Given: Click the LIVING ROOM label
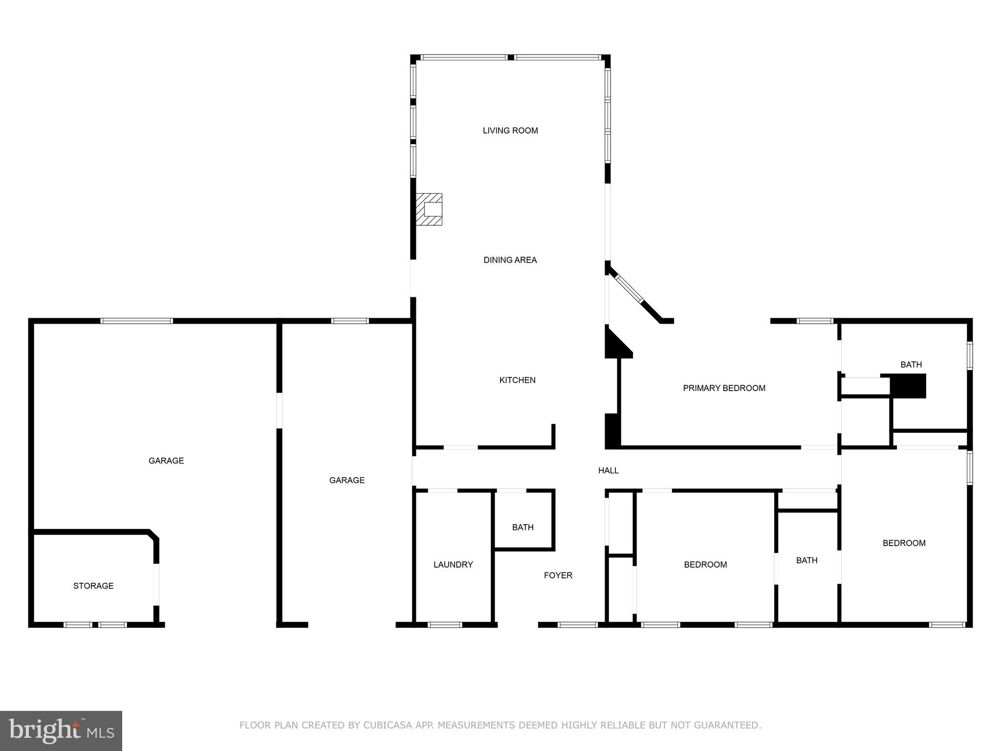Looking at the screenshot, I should [510, 131].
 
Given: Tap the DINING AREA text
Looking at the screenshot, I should [510, 260].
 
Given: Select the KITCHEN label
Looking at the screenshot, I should [517, 380].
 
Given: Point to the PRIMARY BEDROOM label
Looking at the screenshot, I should [724, 388].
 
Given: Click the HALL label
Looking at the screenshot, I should [609, 470].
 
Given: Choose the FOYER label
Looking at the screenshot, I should [558, 575].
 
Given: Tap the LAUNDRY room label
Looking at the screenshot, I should [453, 565].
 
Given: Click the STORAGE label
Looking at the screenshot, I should [93, 586].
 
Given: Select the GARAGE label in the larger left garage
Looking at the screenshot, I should [166, 461].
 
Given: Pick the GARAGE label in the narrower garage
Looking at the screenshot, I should [347, 480].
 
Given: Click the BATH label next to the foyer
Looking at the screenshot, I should [522, 527].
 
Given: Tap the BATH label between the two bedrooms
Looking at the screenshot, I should [806, 560].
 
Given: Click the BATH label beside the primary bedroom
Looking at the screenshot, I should [911, 364].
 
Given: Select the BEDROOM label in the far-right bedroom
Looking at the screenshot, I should [904, 543].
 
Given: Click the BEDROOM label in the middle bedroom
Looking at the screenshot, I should [705, 565].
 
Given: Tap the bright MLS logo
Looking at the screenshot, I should [61, 730].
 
